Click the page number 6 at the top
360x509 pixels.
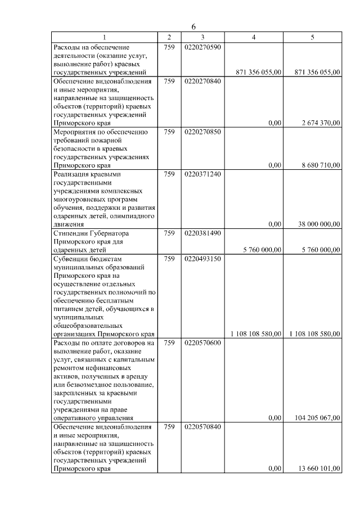pos(193,27)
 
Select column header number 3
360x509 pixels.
pos(202,37)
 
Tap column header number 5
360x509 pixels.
pos(312,37)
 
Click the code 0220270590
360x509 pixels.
pos(202,47)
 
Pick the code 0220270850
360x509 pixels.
pos(202,132)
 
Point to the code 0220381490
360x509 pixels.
pos(202,233)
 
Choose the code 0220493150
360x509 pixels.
pos(202,259)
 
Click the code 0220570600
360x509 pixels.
pos(202,343)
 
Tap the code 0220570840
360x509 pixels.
pos(202,427)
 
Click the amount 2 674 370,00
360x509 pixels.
pos(319,123)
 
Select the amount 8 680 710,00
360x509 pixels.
pos(319,165)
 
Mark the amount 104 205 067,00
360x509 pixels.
pos(317,418)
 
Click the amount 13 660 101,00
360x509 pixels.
pos(318,469)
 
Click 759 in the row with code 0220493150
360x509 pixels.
pos(169,259)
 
